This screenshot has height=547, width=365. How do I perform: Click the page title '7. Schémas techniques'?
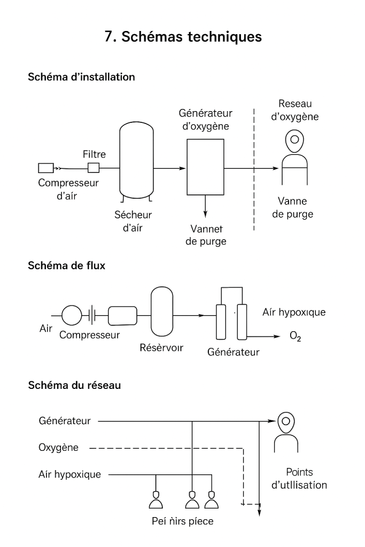pyautogui.click(x=183, y=36)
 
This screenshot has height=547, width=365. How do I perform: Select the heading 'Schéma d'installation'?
pyautogui.click(x=81, y=77)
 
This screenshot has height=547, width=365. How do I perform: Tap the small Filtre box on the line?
pyautogui.click(x=94, y=168)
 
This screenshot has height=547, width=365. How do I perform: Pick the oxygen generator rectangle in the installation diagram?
pyautogui.click(x=205, y=167)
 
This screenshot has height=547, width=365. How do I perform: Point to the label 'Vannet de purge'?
pyautogui.click(x=208, y=235)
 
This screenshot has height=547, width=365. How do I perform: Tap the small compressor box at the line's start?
pyautogui.click(x=45, y=168)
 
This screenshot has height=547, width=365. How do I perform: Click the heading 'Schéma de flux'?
pyautogui.click(x=66, y=266)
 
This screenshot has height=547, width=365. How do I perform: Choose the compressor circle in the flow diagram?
pyautogui.click(x=72, y=316)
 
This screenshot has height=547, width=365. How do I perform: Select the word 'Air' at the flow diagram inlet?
pyautogui.click(x=46, y=329)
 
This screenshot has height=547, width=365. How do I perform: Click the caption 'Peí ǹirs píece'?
pyautogui.click(x=182, y=521)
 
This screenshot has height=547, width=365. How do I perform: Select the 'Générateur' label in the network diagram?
pyautogui.click(x=65, y=421)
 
